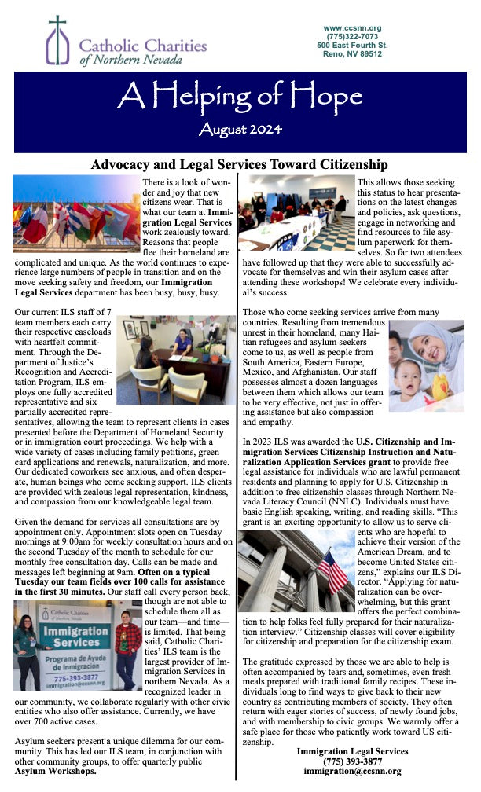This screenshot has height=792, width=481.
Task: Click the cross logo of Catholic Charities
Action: point(57,40)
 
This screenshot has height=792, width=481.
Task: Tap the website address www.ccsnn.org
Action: point(355,27)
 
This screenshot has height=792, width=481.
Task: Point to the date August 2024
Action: point(240,128)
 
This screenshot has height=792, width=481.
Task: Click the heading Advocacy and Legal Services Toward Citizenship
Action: point(240,165)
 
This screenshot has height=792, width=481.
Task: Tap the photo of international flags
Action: point(75,214)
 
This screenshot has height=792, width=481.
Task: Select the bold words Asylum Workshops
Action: point(54,771)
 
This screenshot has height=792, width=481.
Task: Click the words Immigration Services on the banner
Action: point(64,639)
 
